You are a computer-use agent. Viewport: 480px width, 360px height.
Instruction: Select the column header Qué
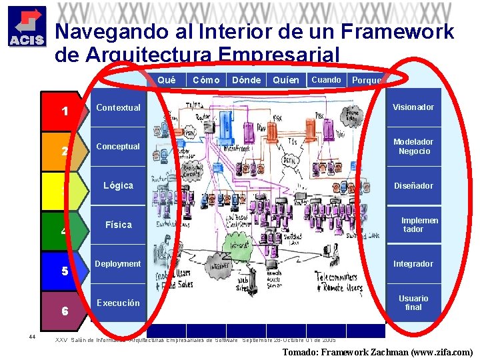167,80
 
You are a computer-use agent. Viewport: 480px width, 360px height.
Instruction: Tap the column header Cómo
206,80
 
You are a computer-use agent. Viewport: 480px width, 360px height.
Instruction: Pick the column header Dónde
246,80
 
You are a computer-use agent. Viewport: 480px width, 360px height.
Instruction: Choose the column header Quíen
286,80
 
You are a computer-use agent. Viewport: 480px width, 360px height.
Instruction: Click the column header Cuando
326,80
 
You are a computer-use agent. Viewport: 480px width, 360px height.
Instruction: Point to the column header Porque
367,81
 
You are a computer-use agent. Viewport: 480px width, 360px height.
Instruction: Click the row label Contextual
118,107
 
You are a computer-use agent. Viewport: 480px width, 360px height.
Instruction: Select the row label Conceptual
118,146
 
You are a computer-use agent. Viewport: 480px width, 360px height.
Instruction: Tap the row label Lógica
118,185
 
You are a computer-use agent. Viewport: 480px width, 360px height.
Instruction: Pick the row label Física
118,225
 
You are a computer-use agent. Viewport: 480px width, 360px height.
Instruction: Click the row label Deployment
118,264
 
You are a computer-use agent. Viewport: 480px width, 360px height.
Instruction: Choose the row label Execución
118,303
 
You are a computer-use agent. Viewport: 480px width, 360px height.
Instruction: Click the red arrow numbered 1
65,111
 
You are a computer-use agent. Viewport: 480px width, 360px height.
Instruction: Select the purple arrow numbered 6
65,311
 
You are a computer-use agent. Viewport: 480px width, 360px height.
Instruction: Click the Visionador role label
413,107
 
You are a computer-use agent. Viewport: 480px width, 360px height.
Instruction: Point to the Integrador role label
413,264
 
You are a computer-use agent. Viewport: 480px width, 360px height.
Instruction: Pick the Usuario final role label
413,303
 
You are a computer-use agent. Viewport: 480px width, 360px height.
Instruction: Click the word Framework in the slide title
397,31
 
